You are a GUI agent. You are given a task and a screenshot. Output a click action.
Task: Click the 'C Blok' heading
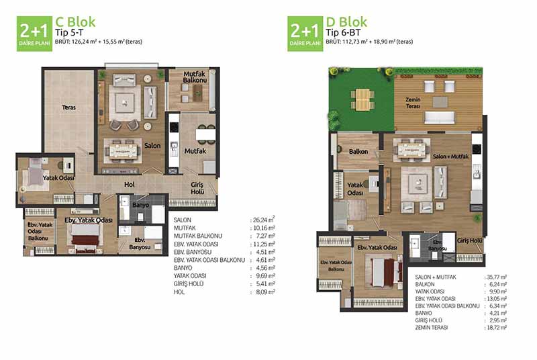point(75,22)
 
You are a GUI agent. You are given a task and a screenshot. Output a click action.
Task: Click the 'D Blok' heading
point(346,22)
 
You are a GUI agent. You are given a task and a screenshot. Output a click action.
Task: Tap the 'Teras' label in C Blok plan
point(69,107)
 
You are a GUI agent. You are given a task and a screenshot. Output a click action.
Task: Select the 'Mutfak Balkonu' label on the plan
point(195,77)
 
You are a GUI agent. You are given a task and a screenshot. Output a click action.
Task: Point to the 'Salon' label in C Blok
point(152,146)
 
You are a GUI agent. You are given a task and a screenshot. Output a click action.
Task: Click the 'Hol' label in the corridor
point(130,184)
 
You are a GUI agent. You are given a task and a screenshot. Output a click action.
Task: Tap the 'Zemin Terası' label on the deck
point(413,103)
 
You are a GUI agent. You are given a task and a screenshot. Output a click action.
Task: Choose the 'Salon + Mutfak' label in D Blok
point(450,156)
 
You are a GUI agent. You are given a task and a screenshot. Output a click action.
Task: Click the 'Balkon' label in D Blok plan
point(358,151)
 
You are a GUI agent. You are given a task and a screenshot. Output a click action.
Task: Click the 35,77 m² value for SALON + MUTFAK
point(497,277)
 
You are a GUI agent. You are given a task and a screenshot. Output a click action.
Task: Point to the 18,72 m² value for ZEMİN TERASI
point(497,328)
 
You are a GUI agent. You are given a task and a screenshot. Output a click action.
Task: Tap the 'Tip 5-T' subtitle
point(69,32)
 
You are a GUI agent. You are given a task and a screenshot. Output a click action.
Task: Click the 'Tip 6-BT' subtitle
point(343,32)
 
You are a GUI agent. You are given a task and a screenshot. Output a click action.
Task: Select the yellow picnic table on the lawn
point(362,99)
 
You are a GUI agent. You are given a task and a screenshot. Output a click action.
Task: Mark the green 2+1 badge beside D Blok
point(305,34)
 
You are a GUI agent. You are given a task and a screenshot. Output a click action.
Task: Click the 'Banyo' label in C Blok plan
point(141,205)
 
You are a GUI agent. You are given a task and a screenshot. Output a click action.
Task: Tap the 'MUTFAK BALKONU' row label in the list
point(198,236)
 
